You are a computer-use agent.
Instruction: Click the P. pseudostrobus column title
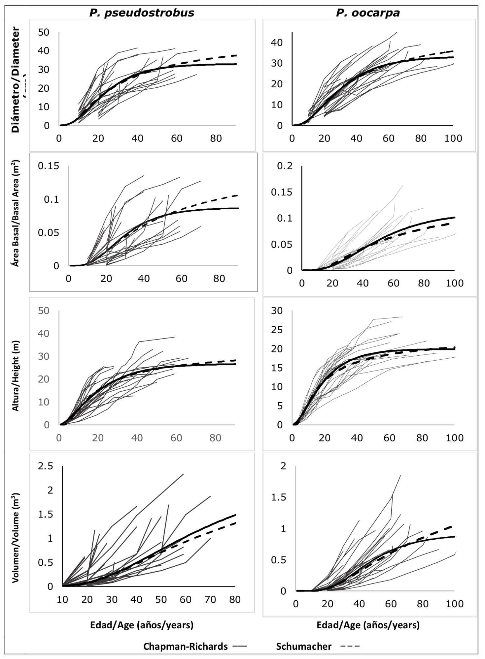pyautogui.click(x=142, y=13)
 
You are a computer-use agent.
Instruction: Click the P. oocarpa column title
pyautogui.click(x=368, y=13)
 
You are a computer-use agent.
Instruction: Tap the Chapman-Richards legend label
pyautogui.click(x=186, y=646)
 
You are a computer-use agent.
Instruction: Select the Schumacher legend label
pyautogui.click(x=304, y=646)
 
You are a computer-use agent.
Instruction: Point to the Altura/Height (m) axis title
pyautogui.click(x=16, y=375)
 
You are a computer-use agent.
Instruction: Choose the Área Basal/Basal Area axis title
pyautogui.click(x=16, y=213)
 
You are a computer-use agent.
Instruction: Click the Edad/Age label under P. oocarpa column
pyautogui.click(x=368, y=625)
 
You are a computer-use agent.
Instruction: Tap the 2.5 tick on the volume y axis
pyautogui.click(x=45, y=466)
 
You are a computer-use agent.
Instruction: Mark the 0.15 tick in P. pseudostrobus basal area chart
pyautogui.click(x=48, y=165)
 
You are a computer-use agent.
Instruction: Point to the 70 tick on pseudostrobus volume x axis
pyautogui.click(x=210, y=599)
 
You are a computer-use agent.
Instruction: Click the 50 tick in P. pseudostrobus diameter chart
pyautogui.click(x=44, y=32)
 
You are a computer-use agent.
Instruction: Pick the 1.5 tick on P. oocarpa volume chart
pyautogui.click(x=278, y=497)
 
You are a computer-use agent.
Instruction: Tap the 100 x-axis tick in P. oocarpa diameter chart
pyautogui.click(x=453, y=138)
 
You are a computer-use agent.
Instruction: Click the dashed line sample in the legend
pyautogui.click(x=350, y=646)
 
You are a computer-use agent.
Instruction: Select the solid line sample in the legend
pyautogui.click(x=240, y=646)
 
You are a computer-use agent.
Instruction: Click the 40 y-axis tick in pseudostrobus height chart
pyautogui.click(x=44, y=333)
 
